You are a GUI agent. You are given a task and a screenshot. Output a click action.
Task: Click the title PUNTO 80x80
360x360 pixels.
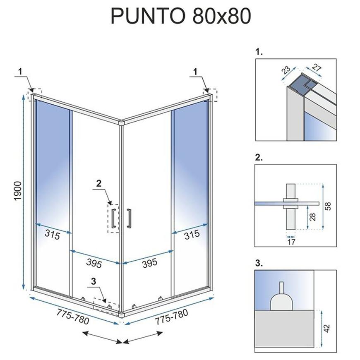pos(181,16)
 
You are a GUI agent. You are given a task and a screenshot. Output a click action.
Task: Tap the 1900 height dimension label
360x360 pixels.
pos(18,191)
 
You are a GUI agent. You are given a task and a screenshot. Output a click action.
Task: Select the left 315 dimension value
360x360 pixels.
pos(53,234)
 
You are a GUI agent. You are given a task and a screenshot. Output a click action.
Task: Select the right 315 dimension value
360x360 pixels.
pos(192,235)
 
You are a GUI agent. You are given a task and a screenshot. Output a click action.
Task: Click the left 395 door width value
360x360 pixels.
pos(94,263)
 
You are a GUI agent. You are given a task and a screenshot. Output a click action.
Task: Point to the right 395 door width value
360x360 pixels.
pos(150,263)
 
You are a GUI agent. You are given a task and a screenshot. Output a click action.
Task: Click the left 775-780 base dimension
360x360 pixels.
pos(73,317)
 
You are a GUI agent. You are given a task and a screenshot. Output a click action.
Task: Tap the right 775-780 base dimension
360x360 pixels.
pos(171,317)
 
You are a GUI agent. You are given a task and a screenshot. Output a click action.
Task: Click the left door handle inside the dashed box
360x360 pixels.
pos(113,218)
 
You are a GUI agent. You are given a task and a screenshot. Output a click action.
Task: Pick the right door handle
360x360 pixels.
pos(129,218)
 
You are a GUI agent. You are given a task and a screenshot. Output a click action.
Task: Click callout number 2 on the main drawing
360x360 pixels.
pos(99,183)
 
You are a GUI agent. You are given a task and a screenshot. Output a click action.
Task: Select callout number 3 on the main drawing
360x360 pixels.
pos(93,281)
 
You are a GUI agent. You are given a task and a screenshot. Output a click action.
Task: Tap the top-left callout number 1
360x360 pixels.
pos(20,72)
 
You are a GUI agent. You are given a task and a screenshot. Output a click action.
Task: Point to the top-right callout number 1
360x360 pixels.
pos(195,72)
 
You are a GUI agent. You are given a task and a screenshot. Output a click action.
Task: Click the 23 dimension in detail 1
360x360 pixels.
pos(286,70)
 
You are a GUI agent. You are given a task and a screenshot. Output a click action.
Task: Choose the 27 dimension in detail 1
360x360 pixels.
pos(317,68)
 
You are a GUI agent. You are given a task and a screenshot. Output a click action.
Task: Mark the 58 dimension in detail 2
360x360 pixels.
pos(328,206)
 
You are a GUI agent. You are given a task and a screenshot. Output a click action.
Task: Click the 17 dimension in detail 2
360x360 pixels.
pos(291,242)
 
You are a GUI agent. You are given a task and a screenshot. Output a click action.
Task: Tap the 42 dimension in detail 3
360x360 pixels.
pos(327,328)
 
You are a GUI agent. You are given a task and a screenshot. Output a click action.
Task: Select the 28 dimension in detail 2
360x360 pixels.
pos(312,217)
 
